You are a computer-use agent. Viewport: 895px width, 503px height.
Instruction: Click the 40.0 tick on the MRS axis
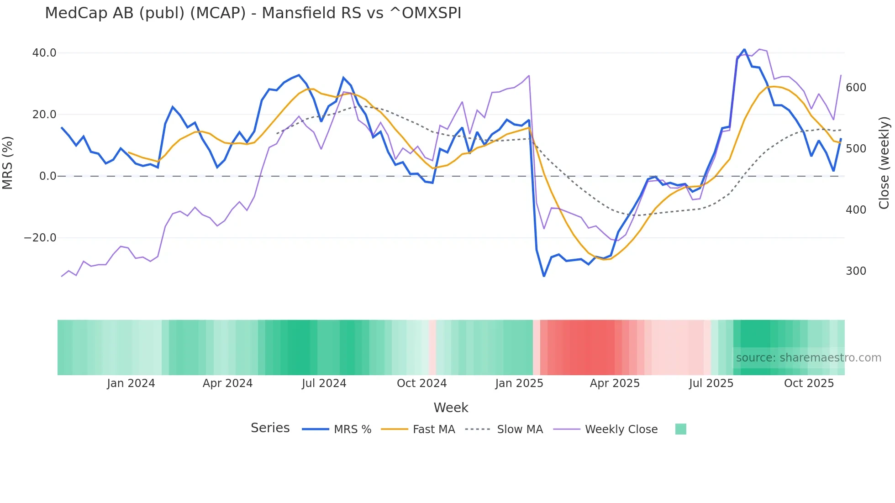44,53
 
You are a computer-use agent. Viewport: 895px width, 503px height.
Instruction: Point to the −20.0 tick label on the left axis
40,238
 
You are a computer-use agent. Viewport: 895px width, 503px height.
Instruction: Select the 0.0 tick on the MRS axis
48,176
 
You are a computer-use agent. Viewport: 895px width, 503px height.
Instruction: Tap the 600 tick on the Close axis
856,88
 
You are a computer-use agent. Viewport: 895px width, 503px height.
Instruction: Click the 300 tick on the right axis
856,271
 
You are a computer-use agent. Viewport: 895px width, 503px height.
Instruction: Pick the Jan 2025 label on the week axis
519,383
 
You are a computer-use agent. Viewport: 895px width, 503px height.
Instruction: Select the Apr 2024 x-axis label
227,383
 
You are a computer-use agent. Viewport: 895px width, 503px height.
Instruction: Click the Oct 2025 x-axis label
809,383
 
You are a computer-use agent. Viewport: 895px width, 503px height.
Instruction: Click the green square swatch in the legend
680,429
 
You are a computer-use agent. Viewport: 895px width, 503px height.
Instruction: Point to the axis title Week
451,408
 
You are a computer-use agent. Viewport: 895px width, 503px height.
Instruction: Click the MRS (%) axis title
8,162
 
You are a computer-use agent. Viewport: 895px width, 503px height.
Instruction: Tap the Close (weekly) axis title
884,162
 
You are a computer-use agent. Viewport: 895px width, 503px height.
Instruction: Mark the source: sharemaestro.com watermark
808,358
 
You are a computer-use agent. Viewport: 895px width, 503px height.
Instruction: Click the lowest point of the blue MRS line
544,276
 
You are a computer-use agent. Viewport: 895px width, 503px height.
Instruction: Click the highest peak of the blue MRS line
744,49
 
